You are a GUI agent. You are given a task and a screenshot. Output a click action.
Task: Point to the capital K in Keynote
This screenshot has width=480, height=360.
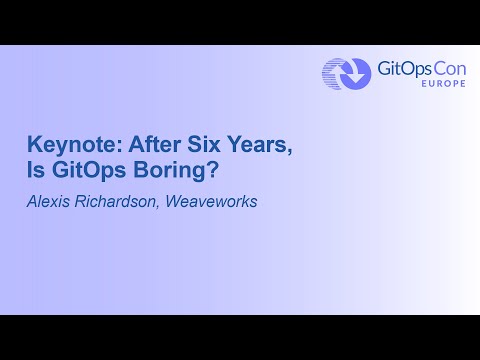tap(34, 144)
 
